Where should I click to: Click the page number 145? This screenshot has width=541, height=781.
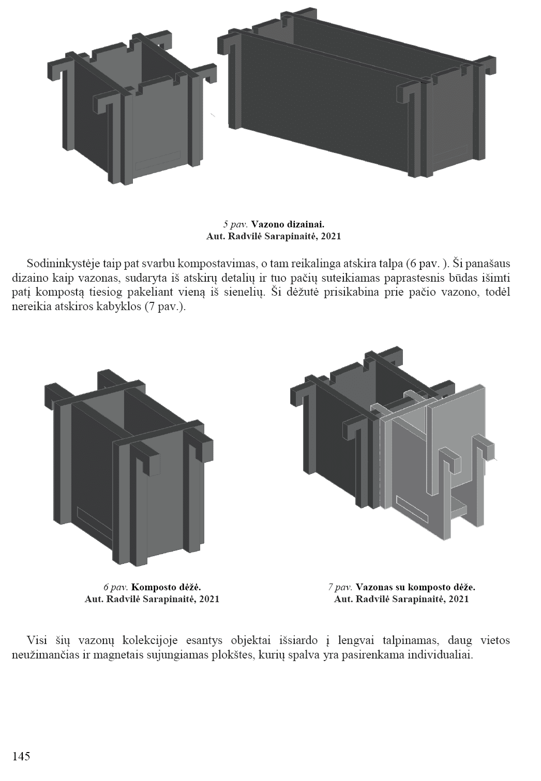coord(21,756)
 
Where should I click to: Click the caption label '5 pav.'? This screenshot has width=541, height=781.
coord(235,224)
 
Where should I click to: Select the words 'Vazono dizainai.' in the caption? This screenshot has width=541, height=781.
coord(288,224)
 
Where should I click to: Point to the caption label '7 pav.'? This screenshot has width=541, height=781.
coord(340,587)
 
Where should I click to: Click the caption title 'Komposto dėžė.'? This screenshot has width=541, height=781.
coord(166,587)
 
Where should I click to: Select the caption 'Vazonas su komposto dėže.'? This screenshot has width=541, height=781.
coord(415,587)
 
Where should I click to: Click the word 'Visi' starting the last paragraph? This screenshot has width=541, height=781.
coord(37,640)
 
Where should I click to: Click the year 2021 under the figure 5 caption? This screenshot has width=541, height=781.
coord(330,237)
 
